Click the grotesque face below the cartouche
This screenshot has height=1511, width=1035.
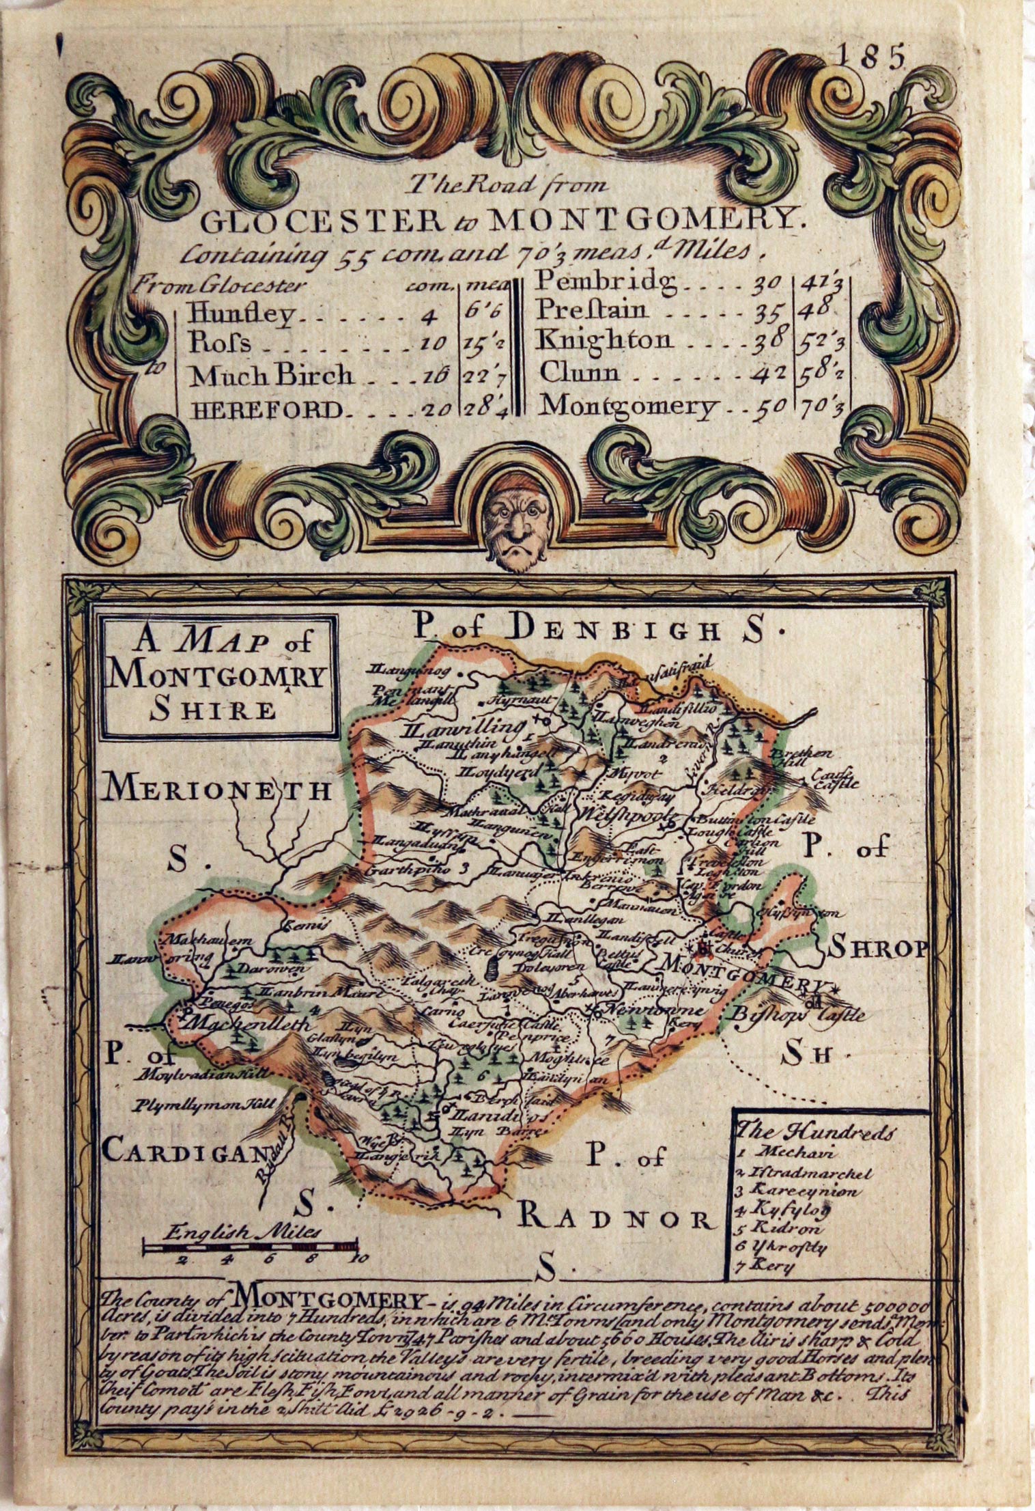coord(515,529)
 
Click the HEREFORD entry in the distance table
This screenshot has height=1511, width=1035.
coord(266,409)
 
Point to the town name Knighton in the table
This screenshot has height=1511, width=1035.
coord(604,339)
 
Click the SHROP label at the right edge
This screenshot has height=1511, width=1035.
coord(877,949)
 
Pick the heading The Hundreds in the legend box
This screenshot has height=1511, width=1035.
coord(813,1131)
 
